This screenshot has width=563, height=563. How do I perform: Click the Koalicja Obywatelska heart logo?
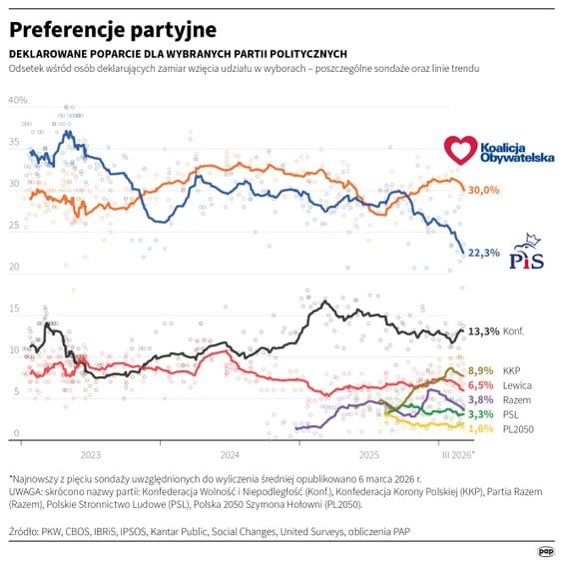click(461, 151)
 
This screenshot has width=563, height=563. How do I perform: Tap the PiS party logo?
click(526, 254)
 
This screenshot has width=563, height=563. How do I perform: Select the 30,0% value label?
click(483, 190)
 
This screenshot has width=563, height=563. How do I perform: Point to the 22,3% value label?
click(483, 253)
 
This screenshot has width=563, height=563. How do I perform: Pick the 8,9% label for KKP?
click(481, 370)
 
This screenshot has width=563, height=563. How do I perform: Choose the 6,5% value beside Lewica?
click(481, 385)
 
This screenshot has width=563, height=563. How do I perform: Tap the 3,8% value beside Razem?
click(481, 399)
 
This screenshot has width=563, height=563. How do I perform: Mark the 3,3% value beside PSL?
click(481, 413)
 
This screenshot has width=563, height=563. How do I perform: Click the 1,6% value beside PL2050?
click(481, 428)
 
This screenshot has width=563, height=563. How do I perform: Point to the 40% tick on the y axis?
click(18, 101)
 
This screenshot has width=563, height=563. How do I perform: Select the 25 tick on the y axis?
click(14, 226)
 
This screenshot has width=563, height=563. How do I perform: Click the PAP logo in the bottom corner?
click(546, 549)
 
